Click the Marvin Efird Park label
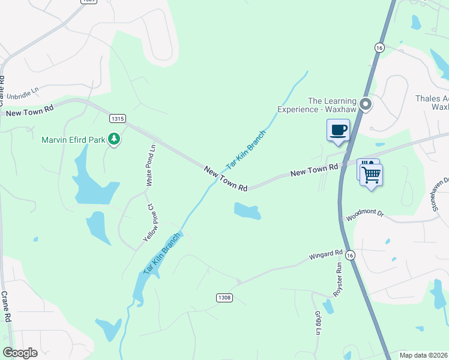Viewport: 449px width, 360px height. [73, 140]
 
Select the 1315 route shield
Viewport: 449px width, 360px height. [118, 119]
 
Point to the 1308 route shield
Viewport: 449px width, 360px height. [224, 298]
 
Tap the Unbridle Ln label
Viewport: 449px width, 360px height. [19, 94]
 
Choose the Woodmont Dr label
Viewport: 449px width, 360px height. [364, 216]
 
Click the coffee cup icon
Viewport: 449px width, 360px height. [338, 130]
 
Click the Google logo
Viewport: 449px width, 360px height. [20, 353]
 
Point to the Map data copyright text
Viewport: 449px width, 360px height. [424, 355]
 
